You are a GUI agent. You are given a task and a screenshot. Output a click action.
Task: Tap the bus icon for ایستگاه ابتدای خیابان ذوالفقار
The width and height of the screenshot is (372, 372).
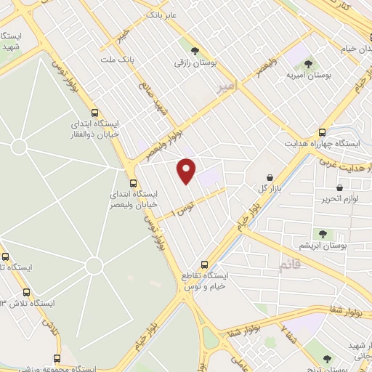94,113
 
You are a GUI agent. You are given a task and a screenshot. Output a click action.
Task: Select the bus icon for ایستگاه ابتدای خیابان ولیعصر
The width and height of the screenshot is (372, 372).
132,182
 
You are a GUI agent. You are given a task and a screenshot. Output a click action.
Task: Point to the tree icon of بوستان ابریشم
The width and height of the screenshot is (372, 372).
323,234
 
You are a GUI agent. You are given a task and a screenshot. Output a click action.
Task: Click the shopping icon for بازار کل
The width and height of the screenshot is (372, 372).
270,177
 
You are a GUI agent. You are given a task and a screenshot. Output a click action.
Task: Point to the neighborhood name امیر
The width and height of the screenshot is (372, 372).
227,87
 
